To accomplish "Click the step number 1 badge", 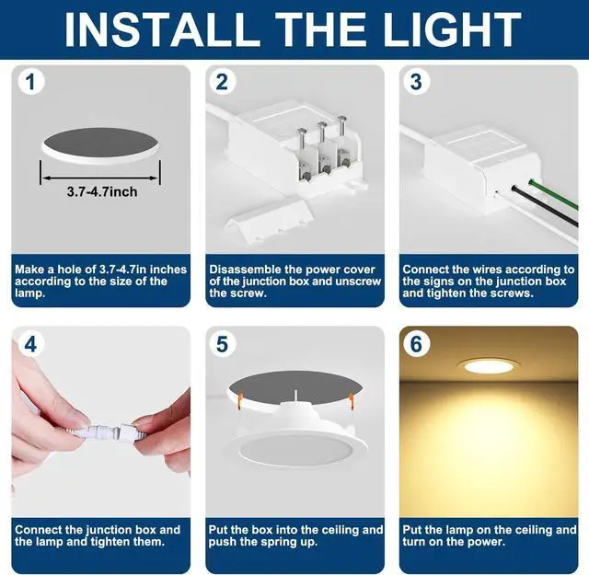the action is [x=30, y=82].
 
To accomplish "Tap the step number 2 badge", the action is [x=222, y=82].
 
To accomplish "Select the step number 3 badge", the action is [x=416, y=82].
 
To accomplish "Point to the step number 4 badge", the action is [x=30, y=344].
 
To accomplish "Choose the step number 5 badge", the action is [x=222, y=344].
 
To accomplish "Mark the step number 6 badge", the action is [x=416, y=344].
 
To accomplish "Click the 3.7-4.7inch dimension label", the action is [x=102, y=192].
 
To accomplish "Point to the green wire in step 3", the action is [x=553, y=194].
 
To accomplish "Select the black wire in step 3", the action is [x=545, y=207].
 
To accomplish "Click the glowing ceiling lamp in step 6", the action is [x=489, y=365].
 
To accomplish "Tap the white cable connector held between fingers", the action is [x=109, y=431].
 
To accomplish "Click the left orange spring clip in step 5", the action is [x=241, y=399].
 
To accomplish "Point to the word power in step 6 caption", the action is [x=487, y=542].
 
